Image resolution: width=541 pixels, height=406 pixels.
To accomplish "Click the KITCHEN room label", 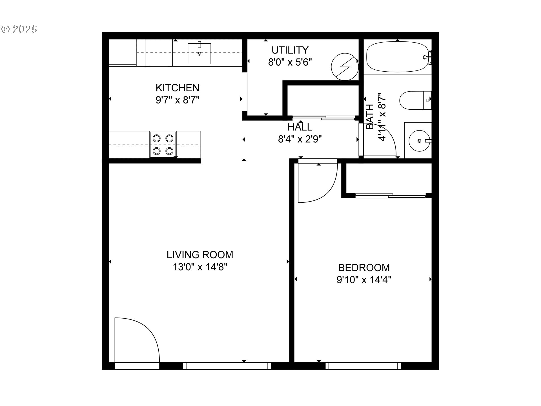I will (x=177, y=88).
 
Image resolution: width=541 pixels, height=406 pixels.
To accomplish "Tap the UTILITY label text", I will (x=290, y=50).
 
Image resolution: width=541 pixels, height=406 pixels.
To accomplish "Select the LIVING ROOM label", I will (x=200, y=255).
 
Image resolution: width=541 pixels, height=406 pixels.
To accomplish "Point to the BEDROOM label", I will (x=364, y=268).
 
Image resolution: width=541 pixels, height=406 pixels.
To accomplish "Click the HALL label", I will (x=300, y=127).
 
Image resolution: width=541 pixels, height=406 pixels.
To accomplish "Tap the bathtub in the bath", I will (x=397, y=57).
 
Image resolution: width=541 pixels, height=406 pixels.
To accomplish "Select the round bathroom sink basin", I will (x=419, y=140).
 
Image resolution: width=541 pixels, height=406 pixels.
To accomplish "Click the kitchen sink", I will (x=199, y=54).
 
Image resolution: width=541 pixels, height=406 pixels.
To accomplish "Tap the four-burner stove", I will (x=163, y=145).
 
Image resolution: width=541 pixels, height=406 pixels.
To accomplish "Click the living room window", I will (x=227, y=366).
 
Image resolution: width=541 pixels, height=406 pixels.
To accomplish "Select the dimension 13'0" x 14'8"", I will (x=200, y=267).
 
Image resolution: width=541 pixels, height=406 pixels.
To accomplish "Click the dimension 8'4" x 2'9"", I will (x=300, y=139).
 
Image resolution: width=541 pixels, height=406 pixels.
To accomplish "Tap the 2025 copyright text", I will (x=19, y=29).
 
